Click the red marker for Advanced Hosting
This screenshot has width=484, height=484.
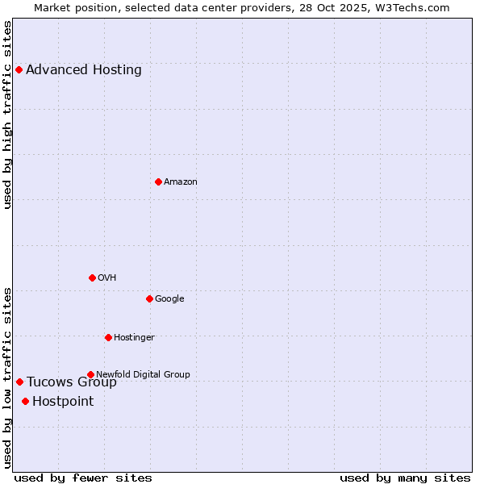click(x=19, y=70)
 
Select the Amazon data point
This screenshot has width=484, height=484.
click(x=158, y=181)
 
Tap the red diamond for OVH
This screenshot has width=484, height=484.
click(x=92, y=277)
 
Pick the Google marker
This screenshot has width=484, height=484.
click(x=149, y=298)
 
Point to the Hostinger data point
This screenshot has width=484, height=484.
click(x=108, y=337)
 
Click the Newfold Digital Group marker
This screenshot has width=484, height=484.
click(x=90, y=374)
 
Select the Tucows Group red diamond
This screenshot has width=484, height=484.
click(x=19, y=382)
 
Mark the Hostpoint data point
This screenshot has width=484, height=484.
click(x=25, y=401)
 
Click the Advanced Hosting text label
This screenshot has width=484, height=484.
click(x=84, y=70)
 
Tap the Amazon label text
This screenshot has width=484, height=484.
click(x=181, y=181)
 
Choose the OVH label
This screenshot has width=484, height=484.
click(x=107, y=277)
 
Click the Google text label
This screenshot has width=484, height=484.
click(x=169, y=298)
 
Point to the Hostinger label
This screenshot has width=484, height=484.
click(x=134, y=337)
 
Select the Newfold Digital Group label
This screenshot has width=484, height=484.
click(x=143, y=374)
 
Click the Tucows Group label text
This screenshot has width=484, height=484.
click(x=72, y=382)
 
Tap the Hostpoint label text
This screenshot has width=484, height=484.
click(x=63, y=402)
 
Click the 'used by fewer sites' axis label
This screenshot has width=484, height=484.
click(x=83, y=478)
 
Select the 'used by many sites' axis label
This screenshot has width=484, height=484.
click(x=405, y=478)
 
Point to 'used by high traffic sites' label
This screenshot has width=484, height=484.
click(x=8, y=115)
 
